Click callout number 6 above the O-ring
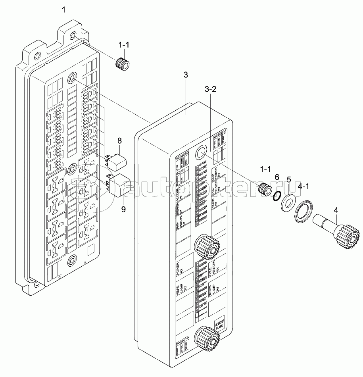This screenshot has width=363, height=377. (x=277, y=177)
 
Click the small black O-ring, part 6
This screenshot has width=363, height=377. (x=278, y=195)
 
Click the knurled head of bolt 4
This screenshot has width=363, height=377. (x=347, y=235)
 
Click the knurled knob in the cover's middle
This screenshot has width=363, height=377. (x=207, y=247)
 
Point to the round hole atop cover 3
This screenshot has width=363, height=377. (x=201, y=152)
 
